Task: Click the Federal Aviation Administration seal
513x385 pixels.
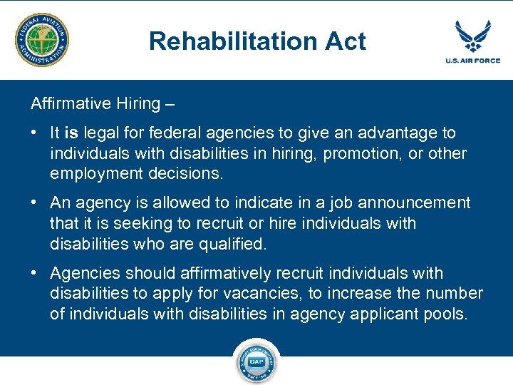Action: pyautogui.click(x=43, y=39)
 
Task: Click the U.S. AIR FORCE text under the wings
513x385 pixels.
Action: pyautogui.click(x=473, y=61)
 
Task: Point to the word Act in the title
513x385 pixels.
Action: pyautogui.click(x=344, y=41)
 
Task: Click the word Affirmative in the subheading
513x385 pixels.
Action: pyautogui.click(x=65, y=103)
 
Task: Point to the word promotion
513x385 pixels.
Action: pyautogui.click(x=363, y=153)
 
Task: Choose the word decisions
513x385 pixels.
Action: pyautogui.click(x=186, y=173)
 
